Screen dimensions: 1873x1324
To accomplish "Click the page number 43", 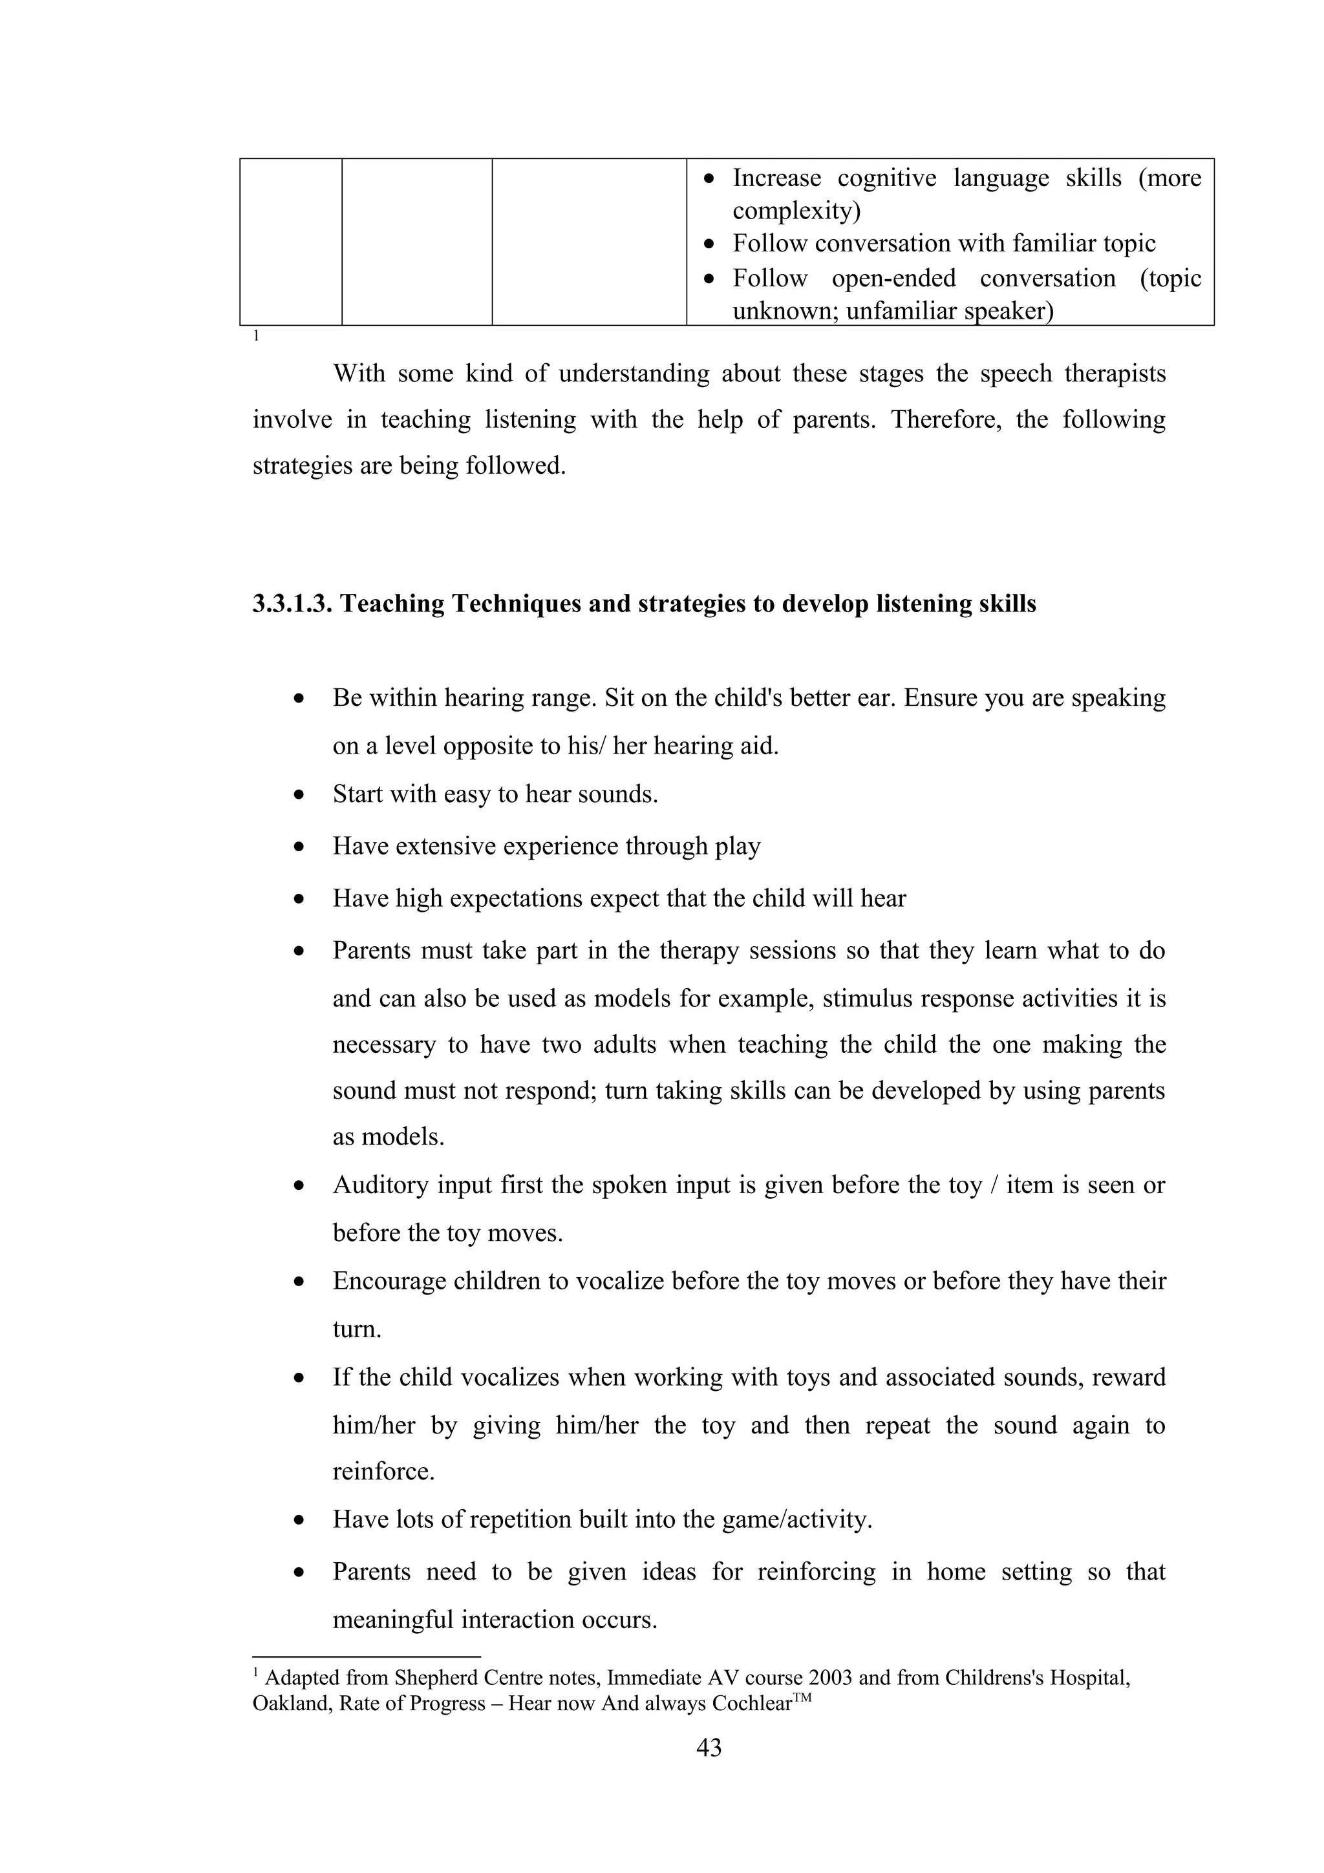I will [709, 1748].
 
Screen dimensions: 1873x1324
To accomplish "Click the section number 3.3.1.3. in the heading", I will [293, 604].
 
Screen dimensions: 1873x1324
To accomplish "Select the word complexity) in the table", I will [796, 211].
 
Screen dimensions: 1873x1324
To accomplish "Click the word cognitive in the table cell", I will [887, 178].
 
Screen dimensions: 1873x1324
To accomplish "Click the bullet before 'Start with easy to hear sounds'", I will [300, 794].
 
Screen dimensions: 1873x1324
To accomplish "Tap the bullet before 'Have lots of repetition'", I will [300, 1521].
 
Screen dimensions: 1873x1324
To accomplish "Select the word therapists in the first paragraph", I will [1115, 374].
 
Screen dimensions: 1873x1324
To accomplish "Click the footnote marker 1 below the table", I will [256, 335].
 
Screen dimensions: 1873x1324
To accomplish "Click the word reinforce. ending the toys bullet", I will [383, 1471].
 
